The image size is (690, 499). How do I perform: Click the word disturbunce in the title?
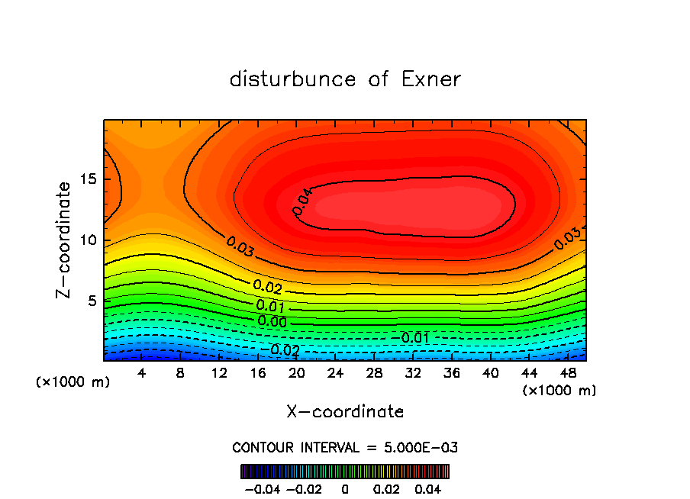pyautogui.click(x=293, y=79)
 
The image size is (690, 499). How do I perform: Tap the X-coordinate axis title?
pyautogui.click(x=345, y=412)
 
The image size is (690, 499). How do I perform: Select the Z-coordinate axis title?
pyautogui.click(x=64, y=240)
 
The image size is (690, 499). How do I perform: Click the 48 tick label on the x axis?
pyautogui.click(x=568, y=373)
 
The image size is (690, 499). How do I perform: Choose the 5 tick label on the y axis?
pyautogui.click(x=92, y=301)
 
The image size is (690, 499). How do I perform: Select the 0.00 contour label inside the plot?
pyautogui.click(x=272, y=321)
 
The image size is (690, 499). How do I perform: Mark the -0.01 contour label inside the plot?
pyautogui.click(x=414, y=337)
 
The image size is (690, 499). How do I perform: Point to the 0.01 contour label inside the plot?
pyautogui.click(x=270, y=306)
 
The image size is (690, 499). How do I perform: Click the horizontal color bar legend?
pyautogui.click(x=345, y=472)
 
